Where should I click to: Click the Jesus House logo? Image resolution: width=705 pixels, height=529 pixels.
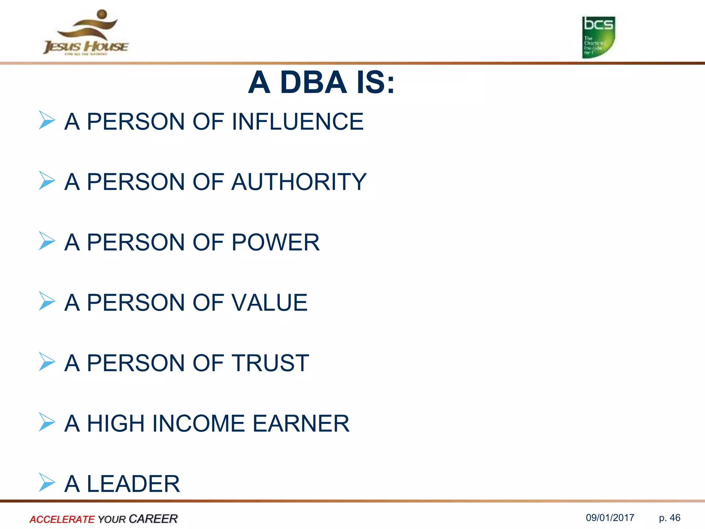point(86,33)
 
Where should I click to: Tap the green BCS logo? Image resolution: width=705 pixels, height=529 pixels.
point(598,37)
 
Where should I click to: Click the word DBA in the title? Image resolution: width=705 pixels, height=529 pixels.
point(313,83)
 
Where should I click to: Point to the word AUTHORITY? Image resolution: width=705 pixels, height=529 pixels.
point(299,182)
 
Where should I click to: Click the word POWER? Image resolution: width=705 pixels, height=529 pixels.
point(275,242)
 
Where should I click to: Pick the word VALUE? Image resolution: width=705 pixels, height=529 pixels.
point(269,303)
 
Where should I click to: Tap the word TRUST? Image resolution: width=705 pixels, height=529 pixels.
point(270,363)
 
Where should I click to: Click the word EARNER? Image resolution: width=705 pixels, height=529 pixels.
point(301,424)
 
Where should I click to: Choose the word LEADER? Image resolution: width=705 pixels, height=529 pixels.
point(133,484)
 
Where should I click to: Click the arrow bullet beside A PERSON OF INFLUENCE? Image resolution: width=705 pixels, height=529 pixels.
point(47,120)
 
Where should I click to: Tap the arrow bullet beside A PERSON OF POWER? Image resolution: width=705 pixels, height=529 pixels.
point(47,241)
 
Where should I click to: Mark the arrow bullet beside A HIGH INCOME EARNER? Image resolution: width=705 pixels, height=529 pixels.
point(47,422)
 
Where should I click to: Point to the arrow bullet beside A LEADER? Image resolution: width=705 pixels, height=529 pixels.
point(47,482)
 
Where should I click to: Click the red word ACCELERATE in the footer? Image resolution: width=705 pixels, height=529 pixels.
point(62,519)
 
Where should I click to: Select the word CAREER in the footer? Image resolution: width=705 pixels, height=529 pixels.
point(153,519)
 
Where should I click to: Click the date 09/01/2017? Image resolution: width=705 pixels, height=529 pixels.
point(610,518)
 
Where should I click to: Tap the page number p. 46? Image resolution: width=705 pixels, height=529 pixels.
point(670,518)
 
